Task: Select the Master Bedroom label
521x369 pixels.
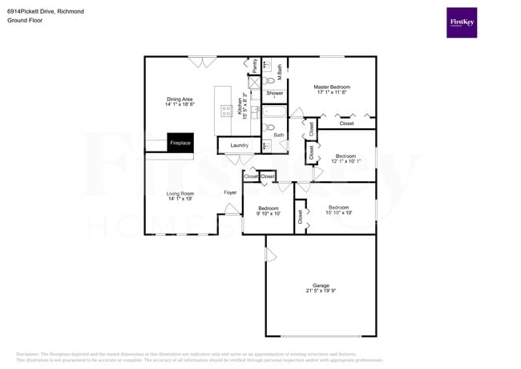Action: point(332,87)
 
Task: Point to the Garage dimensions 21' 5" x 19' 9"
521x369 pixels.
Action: point(321,292)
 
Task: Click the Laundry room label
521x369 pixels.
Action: point(239,144)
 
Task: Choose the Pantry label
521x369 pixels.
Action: point(255,66)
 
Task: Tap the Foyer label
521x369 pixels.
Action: point(230,193)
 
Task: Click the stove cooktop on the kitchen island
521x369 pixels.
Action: point(227,112)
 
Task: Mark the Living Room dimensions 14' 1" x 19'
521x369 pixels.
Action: point(180,199)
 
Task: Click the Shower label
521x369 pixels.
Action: point(275,93)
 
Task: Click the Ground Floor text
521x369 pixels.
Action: point(25,21)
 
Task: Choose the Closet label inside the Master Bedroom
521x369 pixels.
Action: point(346,124)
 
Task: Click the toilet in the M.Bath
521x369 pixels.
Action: point(270,80)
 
